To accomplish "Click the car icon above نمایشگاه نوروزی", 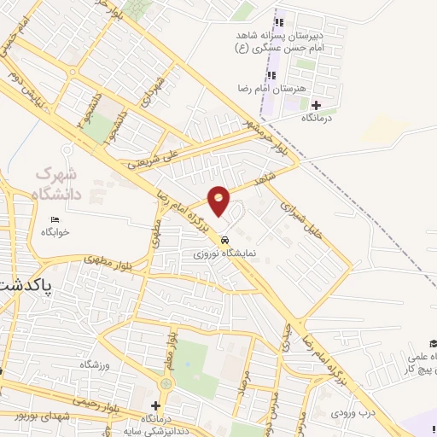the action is click(x=224, y=240).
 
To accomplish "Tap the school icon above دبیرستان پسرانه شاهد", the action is click(x=277, y=23).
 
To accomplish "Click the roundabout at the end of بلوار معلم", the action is click(x=166, y=383).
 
